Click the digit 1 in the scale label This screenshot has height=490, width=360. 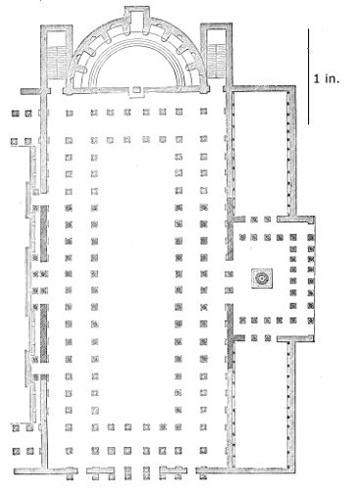tap(316, 78)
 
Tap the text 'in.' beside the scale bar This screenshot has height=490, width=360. tap(332, 78)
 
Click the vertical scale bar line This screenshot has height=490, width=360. tap(308, 76)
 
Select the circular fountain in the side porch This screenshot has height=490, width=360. tap(262, 278)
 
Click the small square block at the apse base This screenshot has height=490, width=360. tap(136, 89)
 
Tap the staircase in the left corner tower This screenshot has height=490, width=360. tap(57, 62)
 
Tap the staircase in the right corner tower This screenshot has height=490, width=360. tap(217, 61)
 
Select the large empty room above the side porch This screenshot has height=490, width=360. tap(261, 154)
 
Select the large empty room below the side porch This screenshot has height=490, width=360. tap(261, 405)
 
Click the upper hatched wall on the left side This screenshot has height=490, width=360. tap(44, 233)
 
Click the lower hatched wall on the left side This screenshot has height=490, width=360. tap(44, 333)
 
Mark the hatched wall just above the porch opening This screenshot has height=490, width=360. tap(230, 229)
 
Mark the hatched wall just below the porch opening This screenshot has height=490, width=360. tap(231, 336)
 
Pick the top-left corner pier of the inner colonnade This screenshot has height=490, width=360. tap(94, 141)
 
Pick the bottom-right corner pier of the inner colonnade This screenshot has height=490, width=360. tap(179, 427)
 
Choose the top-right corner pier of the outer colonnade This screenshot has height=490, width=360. tap(204, 112)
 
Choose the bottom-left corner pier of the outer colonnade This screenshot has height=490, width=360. tap(69, 451)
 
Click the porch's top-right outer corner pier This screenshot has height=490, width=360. tap(311, 238)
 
